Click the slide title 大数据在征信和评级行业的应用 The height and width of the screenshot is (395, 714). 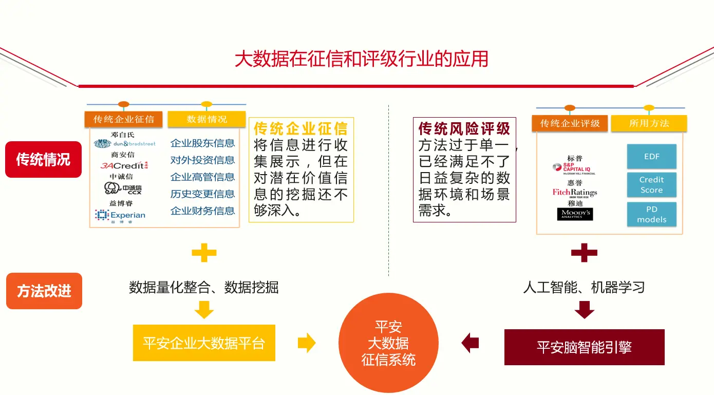tap(361, 59)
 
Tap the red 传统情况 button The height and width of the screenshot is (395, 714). tap(43, 160)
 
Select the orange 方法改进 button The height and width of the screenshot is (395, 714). tap(44, 291)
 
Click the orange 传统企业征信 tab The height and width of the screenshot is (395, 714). tap(124, 119)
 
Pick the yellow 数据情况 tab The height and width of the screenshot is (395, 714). tap(206, 119)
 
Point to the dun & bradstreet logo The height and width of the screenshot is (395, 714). tap(125, 144)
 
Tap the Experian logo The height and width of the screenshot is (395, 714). tap(120, 215)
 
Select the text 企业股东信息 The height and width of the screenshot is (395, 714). tap(202, 143)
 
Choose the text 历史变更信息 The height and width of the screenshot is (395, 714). tap(202, 194)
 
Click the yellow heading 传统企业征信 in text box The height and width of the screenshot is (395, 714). tap(300, 128)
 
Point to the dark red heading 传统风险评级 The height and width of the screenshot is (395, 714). tap(464, 128)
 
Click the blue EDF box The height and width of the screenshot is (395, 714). tap(651, 157)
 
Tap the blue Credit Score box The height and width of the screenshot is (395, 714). tap(651, 185)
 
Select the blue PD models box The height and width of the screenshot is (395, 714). tap(651, 214)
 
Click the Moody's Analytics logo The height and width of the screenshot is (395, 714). tap(575, 214)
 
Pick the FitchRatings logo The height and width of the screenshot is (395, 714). tap(575, 193)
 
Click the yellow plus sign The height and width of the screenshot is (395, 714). tap(204, 253)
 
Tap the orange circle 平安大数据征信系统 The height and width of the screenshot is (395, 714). tap(388, 343)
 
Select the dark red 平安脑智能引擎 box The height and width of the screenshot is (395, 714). tap(584, 347)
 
